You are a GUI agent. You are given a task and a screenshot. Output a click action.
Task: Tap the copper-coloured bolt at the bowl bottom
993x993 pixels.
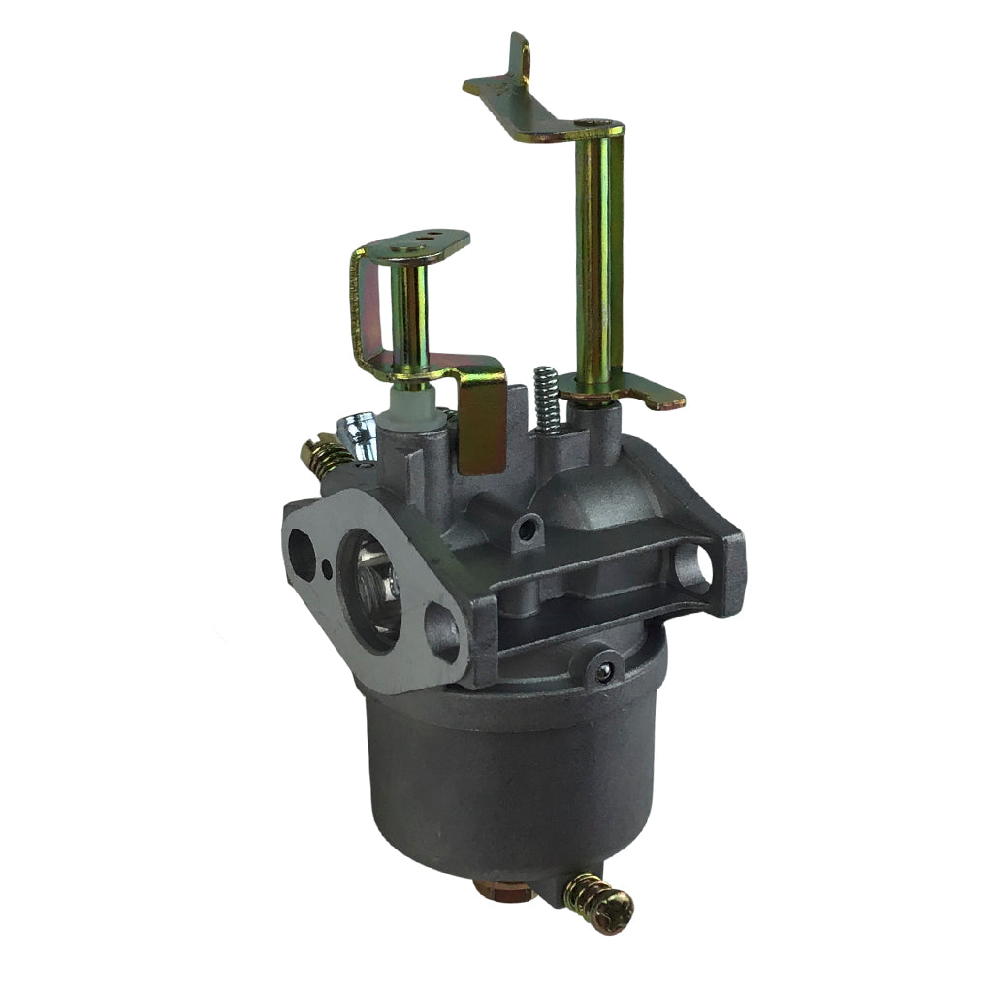[504, 888]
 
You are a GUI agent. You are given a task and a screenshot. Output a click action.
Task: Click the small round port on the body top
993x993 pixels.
[527, 527]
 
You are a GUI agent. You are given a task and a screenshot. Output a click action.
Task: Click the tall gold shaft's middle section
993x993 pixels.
[595, 262]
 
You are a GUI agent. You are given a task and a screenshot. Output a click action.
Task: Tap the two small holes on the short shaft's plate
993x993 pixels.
[427, 236]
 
